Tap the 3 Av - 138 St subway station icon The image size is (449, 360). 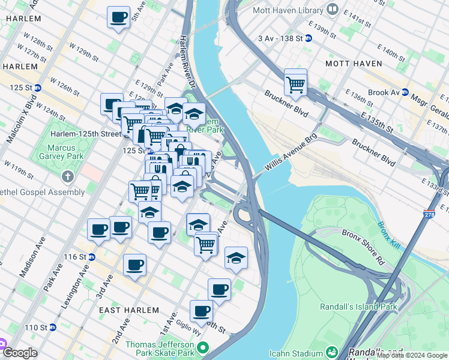pos(309,38)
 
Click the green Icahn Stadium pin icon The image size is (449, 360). pos(331,351)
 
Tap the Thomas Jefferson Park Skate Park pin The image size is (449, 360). pos(203,347)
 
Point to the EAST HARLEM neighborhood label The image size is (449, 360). pos(127,310)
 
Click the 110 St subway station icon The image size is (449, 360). pos(52,328)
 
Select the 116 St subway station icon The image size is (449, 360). pos(91,257)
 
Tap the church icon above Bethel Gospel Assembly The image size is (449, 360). pos(68,177)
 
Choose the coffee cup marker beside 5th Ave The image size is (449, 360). pos(119,16)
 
